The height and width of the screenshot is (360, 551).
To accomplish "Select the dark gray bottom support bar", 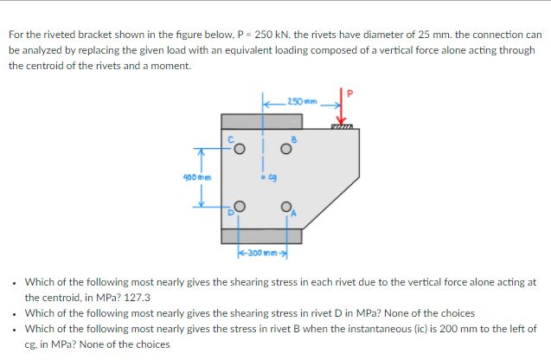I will click(x=261, y=235).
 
